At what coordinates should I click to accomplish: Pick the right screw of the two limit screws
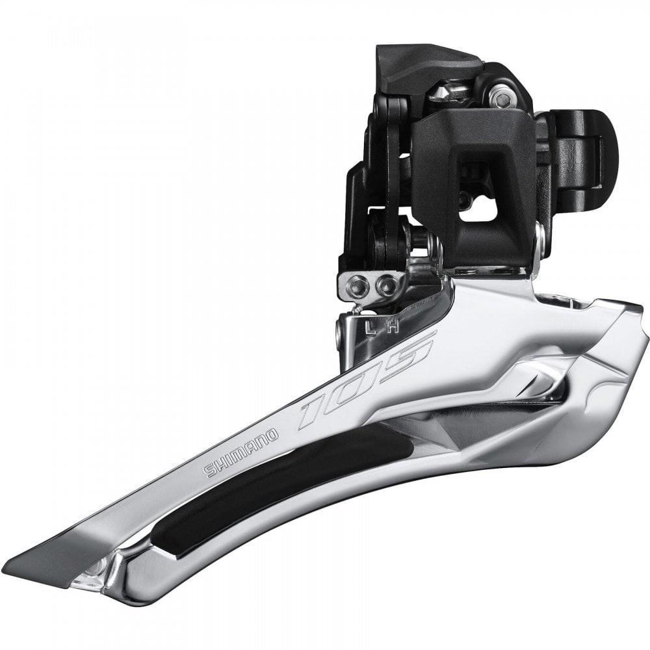(387, 284)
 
